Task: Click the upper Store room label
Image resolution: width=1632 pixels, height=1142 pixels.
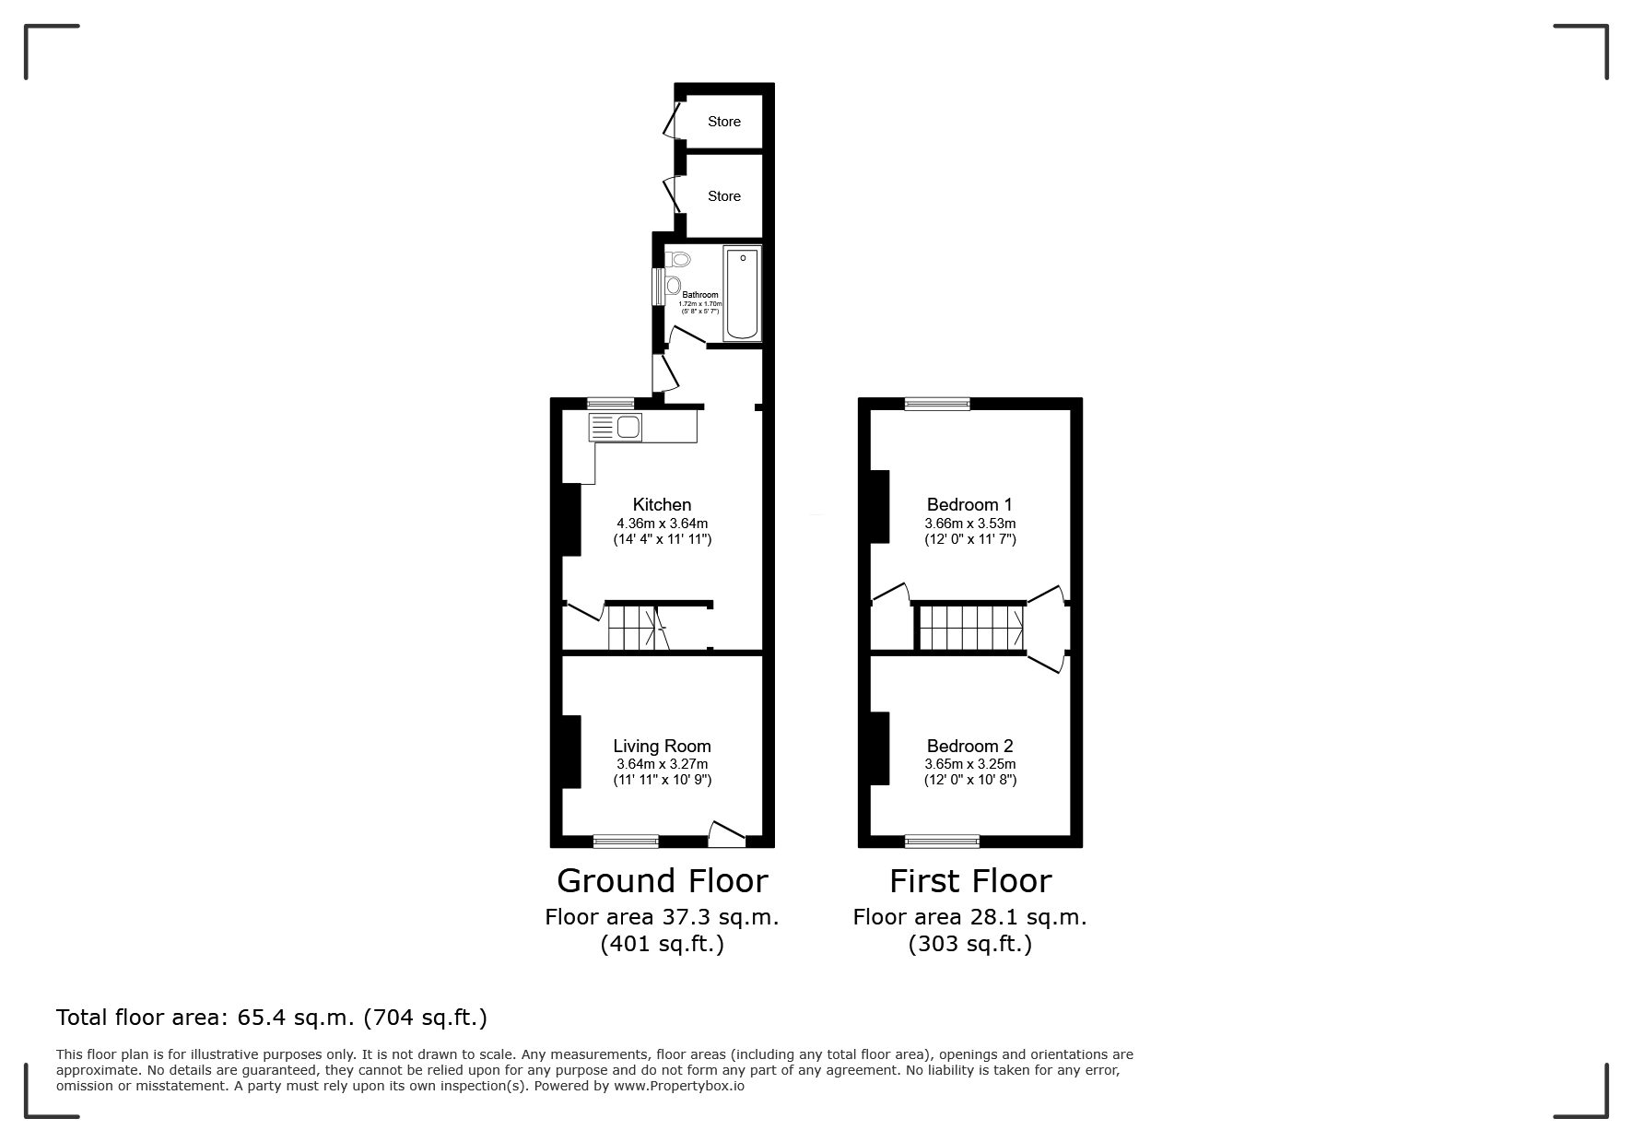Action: [x=724, y=122]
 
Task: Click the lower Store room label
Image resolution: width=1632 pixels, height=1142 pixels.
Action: [x=724, y=196]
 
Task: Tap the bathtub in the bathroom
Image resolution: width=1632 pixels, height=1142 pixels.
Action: [x=742, y=293]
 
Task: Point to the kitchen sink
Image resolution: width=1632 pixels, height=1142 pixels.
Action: [x=616, y=428]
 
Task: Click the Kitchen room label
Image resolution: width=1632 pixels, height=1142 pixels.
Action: [x=662, y=504]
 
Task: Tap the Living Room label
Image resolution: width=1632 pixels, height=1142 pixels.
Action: [x=662, y=747]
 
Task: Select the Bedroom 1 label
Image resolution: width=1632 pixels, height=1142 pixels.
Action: [x=969, y=504]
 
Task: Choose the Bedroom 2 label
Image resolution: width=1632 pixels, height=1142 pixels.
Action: [x=969, y=747]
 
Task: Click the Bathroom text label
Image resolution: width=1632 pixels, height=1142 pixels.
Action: [x=700, y=295]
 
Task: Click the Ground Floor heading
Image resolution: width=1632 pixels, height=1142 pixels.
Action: [x=662, y=881]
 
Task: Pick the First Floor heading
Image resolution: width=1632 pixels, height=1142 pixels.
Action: [x=969, y=881]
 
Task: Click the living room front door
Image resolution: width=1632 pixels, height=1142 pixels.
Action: [x=726, y=834]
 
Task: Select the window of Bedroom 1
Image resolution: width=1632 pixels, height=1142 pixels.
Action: [x=937, y=403]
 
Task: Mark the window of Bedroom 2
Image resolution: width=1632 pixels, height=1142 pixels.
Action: [x=942, y=841]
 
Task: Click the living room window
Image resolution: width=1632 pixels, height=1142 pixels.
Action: [x=626, y=841]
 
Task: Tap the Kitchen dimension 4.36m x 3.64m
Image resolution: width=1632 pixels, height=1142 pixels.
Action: [x=662, y=524]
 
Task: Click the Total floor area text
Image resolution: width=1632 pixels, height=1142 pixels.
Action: [x=272, y=1018]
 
